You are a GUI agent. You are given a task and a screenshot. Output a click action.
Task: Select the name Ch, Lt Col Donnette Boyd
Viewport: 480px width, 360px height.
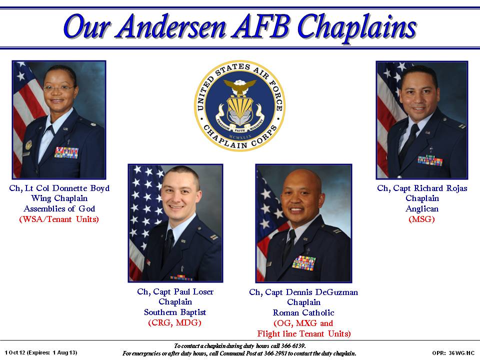pos(59,188)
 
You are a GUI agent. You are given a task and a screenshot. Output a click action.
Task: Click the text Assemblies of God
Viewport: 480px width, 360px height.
pos(59,208)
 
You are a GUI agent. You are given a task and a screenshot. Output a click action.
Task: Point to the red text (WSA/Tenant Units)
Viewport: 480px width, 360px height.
pos(59,219)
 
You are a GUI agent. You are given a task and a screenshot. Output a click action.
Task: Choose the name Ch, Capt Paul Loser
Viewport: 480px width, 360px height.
pos(175,292)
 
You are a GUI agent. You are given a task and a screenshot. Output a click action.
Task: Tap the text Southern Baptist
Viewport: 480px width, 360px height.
pos(175,312)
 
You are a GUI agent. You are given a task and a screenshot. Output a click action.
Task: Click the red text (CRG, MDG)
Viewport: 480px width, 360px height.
pos(175,323)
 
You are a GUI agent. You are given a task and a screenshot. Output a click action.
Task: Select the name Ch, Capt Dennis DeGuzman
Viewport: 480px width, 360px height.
pos(303,292)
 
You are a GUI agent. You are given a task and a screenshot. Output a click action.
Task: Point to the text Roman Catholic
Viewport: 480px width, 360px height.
pos(303,313)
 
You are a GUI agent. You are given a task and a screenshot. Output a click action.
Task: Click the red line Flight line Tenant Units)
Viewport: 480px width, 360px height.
pos(303,333)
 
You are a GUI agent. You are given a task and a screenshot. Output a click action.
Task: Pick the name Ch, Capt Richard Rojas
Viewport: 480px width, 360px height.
pos(422,188)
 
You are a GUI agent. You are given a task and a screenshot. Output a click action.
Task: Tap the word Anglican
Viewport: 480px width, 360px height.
pos(422,208)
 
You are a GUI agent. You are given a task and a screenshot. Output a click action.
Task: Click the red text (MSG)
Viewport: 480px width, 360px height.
pos(422,219)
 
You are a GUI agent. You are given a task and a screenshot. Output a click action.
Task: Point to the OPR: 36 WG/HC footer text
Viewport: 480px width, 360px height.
pos(453,353)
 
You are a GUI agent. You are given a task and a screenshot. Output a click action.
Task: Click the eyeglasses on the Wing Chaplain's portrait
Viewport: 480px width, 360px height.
pos(58,88)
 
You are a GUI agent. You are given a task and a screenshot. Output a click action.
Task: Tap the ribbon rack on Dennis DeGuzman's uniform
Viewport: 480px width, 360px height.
pos(304,262)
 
